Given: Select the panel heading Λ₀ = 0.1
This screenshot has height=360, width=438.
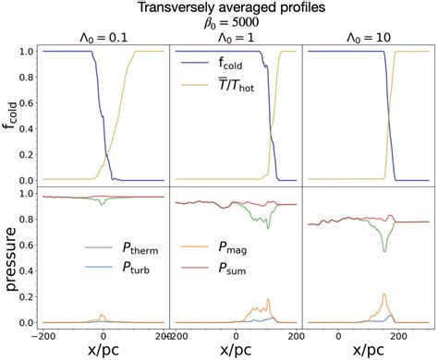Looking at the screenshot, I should click(103, 40).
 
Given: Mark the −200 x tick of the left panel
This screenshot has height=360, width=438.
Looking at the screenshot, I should click(43, 333).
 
